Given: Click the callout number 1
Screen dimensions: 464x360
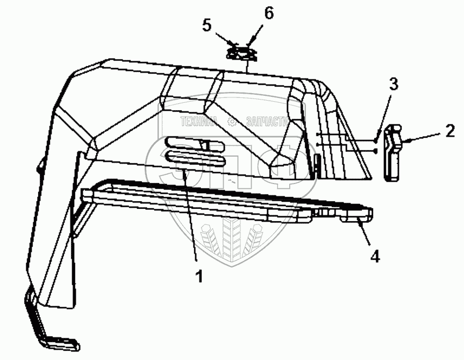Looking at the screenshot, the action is click(x=199, y=277).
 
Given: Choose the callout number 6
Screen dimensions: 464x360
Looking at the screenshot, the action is click(x=268, y=13).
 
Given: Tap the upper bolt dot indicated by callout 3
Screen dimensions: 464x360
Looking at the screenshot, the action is click(x=375, y=141).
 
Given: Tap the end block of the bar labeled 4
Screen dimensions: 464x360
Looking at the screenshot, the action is click(x=355, y=217).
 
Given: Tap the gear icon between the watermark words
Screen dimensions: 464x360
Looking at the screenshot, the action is click(x=232, y=121).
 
